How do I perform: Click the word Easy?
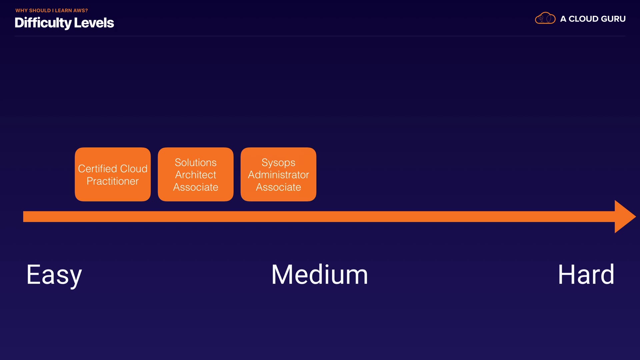[x=54, y=275]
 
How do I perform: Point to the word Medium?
[x=319, y=275]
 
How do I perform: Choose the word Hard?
[x=586, y=275]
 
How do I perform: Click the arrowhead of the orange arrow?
[x=624, y=217]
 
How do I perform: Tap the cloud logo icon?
[x=545, y=18]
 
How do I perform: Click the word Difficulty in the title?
[x=43, y=23]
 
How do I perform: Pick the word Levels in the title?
[x=94, y=23]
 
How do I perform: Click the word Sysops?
[x=278, y=162]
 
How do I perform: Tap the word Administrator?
[x=278, y=175]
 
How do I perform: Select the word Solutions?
[x=196, y=162]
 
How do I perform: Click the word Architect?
[x=196, y=175]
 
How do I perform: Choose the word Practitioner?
[x=113, y=181]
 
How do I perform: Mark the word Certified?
[x=97, y=169]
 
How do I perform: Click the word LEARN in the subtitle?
[x=63, y=11]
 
